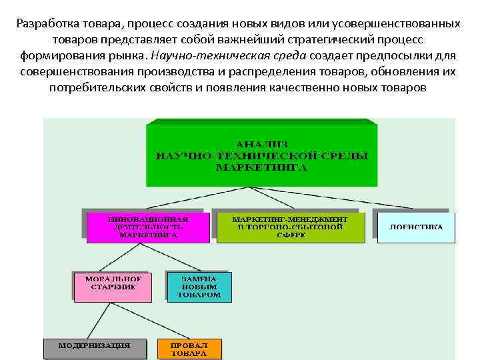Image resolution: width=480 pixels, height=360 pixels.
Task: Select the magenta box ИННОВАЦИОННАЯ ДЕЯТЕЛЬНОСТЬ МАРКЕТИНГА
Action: tap(148, 227)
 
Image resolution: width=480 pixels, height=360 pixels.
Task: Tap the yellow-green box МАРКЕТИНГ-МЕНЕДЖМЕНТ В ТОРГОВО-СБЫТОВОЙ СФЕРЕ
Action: tap(289, 227)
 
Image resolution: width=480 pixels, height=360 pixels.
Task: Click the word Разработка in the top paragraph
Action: tap(46, 23)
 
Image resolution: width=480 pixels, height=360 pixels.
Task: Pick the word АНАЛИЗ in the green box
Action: tap(261, 142)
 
